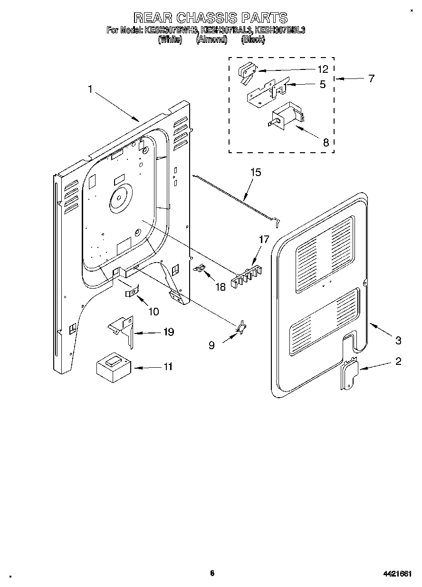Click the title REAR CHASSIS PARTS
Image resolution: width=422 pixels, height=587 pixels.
point(211,18)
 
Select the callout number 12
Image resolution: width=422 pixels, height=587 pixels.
point(323,69)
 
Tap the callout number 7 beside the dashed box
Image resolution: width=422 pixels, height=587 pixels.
point(371,78)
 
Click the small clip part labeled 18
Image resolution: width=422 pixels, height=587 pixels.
point(200,269)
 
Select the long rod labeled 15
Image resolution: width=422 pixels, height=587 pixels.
point(238,198)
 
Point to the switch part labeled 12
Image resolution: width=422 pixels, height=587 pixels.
point(246,72)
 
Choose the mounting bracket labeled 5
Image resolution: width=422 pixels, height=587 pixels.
point(267,91)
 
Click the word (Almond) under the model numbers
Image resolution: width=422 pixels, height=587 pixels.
point(212,40)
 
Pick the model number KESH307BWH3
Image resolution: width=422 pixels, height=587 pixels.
point(172,30)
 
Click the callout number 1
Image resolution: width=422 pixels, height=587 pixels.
point(90,89)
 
